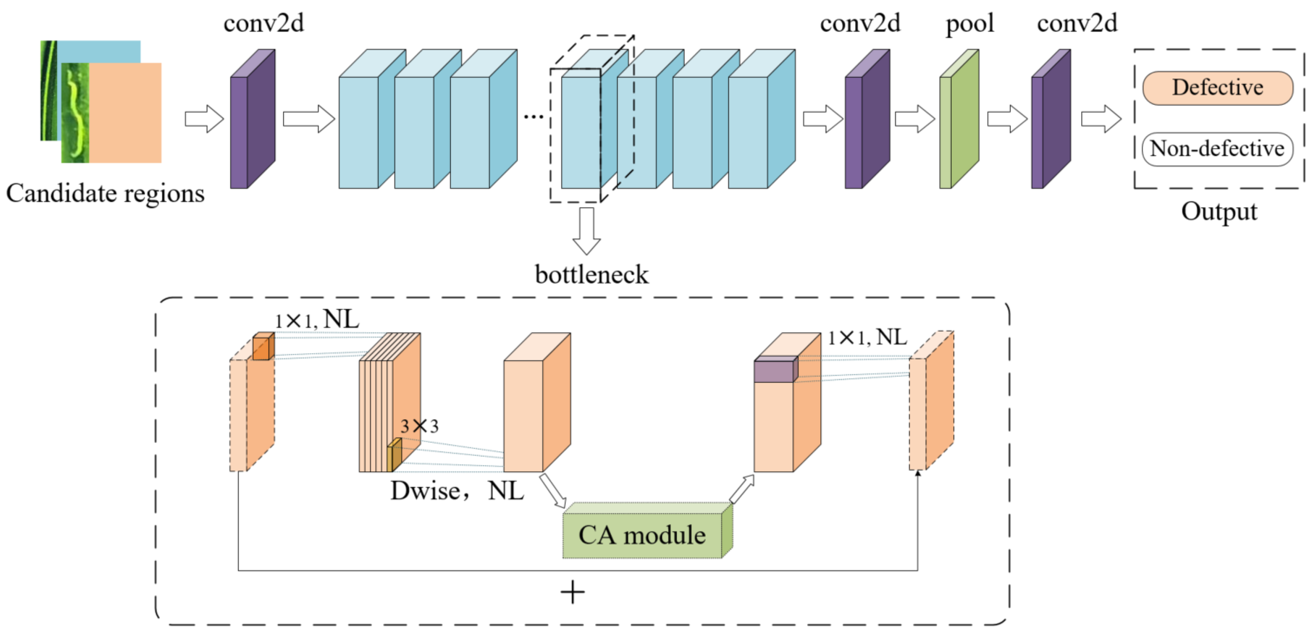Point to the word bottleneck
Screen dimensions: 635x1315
coord(591,275)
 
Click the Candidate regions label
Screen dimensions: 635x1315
coord(105,194)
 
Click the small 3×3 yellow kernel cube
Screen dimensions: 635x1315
coord(394,455)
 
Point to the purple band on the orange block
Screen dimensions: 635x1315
coord(775,369)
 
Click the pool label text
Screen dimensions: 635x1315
coord(969,23)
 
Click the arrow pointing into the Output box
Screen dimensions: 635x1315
coord(1101,119)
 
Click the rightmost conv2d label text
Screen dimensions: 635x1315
coord(1077,23)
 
